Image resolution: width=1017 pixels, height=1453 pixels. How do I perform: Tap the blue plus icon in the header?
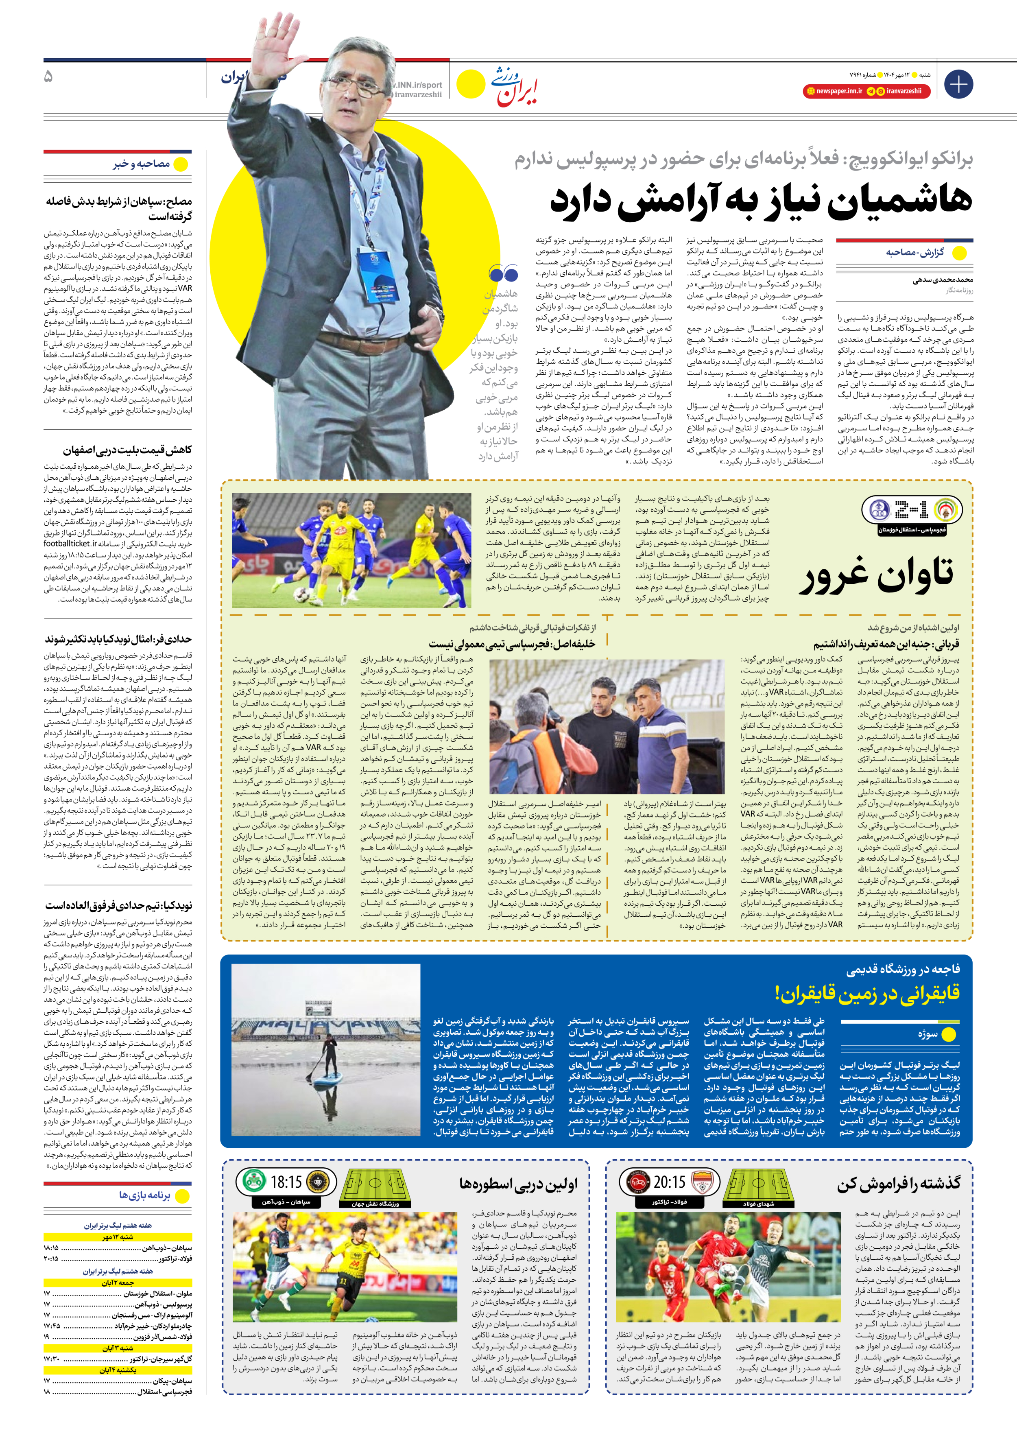click(958, 84)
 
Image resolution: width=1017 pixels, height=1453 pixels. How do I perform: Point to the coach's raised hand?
click(273, 38)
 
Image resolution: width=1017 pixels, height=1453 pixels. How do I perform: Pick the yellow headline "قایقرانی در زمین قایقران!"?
click(867, 994)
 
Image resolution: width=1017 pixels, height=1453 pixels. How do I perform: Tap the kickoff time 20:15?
click(670, 1182)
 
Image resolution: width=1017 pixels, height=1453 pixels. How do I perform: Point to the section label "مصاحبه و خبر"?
click(142, 164)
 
